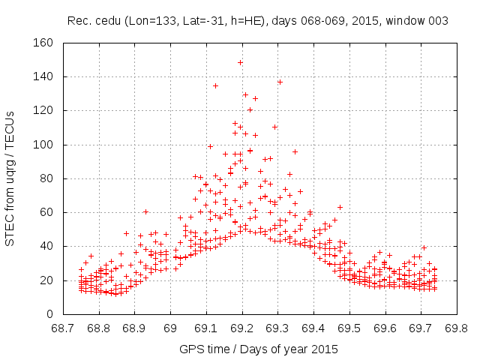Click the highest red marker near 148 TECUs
240,62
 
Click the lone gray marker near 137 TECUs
280,82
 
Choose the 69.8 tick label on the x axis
456,328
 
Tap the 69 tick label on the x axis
171,328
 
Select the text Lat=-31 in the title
213,21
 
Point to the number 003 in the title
438,21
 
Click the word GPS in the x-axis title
191,349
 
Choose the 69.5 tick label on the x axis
349,328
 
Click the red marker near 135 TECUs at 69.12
215,85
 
